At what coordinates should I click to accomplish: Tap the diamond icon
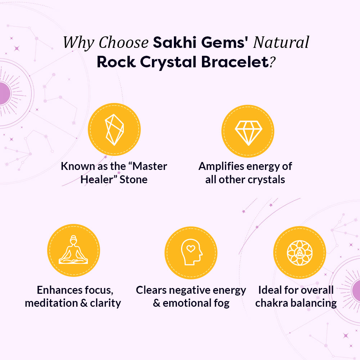(x=248, y=131)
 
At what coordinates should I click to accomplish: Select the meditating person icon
(x=73, y=250)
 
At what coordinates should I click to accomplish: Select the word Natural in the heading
(x=281, y=42)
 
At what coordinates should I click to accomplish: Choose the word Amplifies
(x=220, y=166)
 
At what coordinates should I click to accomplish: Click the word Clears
(x=151, y=290)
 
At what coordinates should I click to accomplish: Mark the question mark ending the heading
(x=273, y=62)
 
